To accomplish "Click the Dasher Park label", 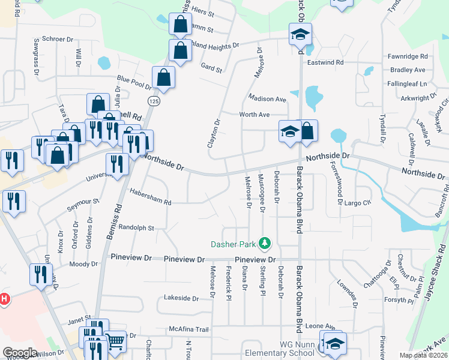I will click(233, 244).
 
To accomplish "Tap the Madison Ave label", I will click(267, 99).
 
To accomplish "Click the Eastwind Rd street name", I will click(325, 62).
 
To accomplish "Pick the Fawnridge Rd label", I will click(408, 56).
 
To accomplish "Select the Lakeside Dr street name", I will click(181, 298).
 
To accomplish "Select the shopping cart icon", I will click(115, 341).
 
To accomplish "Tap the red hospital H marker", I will click(4, 298).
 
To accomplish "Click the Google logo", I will click(20, 353).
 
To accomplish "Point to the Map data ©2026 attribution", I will click(424, 355).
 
